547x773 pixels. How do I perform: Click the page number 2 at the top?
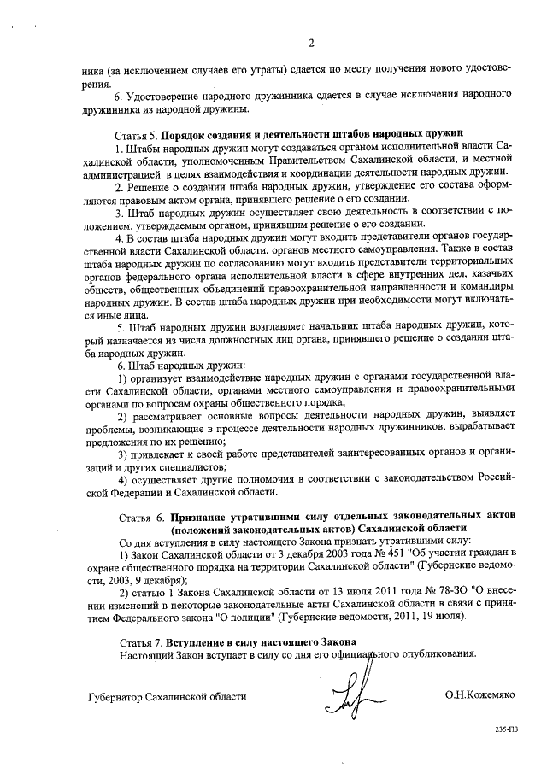pyautogui.click(x=310, y=44)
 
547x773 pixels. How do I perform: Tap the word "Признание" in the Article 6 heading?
pyautogui.click(x=200, y=517)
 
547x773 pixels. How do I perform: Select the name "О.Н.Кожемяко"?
pyautogui.click(x=479, y=696)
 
